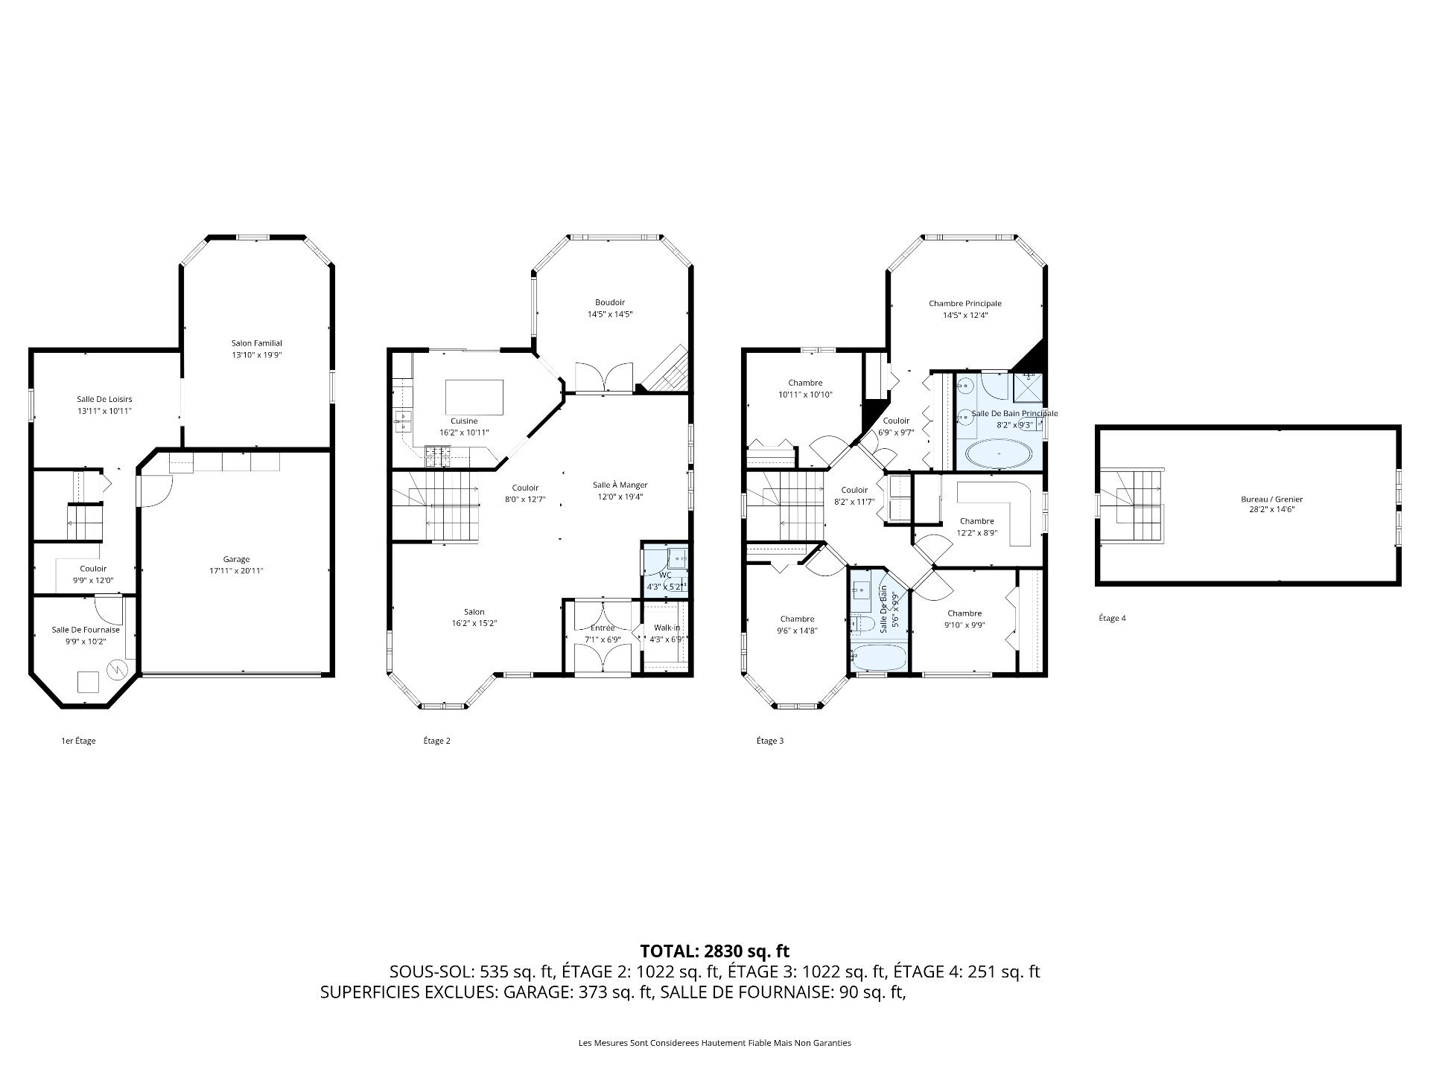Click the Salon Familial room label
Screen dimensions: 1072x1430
click(x=256, y=343)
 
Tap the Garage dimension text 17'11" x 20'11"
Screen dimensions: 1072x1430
click(x=236, y=571)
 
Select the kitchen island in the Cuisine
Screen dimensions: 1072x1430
click(x=474, y=397)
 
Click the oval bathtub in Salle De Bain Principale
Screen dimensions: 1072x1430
click(x=1000, y=453)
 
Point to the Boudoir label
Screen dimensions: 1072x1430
click(x=609, y=302)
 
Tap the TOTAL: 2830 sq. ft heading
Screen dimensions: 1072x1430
click(x=714, y=951)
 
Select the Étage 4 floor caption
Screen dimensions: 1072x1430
click(x=1112, y=618)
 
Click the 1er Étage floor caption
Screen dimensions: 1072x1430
click(x=78, y=741)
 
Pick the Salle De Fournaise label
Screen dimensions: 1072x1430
click(x=86, y=630)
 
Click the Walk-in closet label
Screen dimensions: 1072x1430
click(x=667, y=628)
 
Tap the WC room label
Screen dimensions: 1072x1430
click(x=665, y=575)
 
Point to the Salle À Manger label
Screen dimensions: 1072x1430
click(x=620, y=485)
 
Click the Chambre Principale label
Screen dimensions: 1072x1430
click(x=965, y=303)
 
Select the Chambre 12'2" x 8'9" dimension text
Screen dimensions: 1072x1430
click(x=976, y=532)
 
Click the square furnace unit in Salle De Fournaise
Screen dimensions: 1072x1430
click(x=89, y=682)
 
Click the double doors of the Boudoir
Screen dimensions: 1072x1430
click(x=604, y=377)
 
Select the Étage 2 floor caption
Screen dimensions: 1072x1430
click(x=436, y=741)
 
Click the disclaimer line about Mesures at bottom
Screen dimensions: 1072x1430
click(x=714, y=1043)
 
